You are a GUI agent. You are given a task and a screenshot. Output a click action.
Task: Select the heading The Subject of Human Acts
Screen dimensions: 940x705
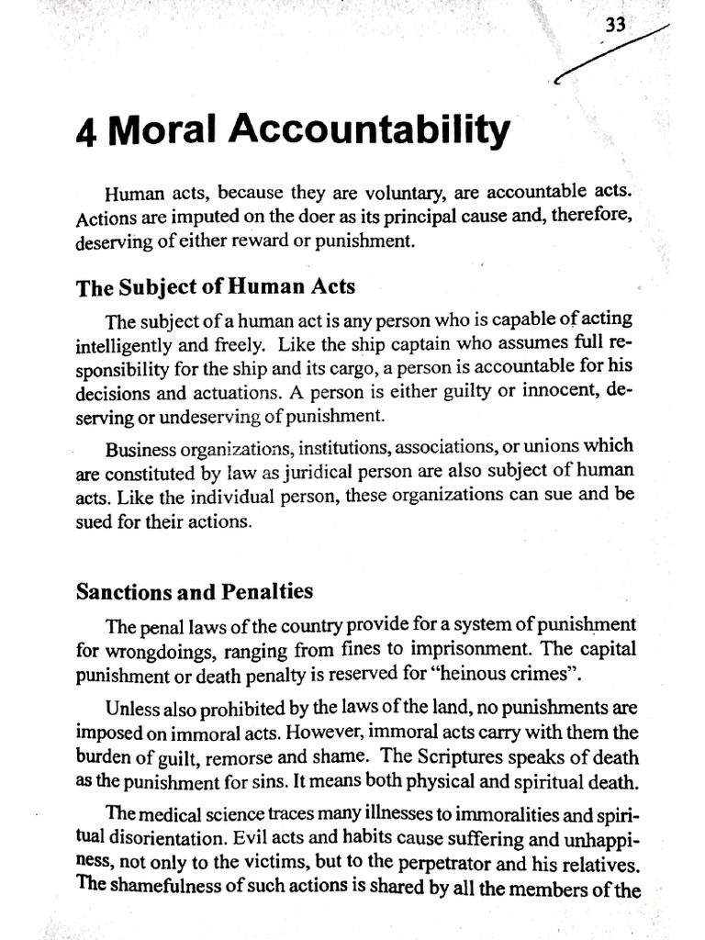215,286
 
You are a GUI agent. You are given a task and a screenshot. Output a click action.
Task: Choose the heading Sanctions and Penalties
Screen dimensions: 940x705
194,591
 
